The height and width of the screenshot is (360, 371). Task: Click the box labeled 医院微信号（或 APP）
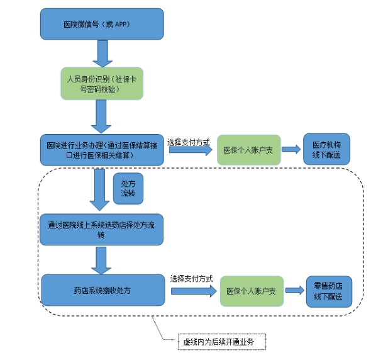[102, 24]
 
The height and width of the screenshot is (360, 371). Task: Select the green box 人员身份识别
[102, 83]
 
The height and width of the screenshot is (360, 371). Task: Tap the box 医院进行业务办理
[102, 150]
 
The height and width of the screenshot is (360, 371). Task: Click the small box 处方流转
[128, 189]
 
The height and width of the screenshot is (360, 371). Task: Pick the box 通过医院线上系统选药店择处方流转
[101, 230]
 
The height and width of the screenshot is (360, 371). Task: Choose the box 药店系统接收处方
[103, 290]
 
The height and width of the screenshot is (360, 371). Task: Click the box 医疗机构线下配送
[326, 149]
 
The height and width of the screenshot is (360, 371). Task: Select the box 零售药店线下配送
[329, 291]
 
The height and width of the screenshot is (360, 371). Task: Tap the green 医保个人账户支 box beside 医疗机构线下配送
[249, 150]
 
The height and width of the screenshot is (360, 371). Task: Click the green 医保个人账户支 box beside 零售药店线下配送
[252, 291]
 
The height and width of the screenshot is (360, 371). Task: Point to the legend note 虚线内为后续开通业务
[222, 342]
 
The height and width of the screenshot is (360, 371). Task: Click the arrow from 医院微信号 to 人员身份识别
[102, 53]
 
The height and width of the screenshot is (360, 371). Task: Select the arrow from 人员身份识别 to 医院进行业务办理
[101, 116]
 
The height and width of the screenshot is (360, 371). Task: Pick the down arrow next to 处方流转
[99, 189]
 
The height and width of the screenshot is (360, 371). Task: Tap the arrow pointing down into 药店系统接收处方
[101, 261]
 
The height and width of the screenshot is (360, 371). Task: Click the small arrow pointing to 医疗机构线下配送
[291, 149]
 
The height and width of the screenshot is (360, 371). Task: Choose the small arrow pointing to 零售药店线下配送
[295, 290]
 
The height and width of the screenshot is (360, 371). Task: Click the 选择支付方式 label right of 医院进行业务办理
[189, 142]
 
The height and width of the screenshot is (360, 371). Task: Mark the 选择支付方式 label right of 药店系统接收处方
[191, 279]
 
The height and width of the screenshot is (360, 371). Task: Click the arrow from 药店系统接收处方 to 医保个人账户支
[194, 291]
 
